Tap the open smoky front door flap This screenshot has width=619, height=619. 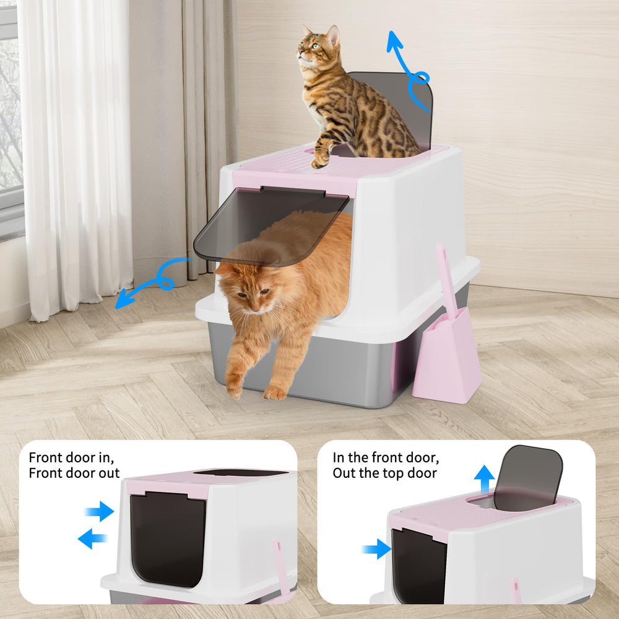[272, 226]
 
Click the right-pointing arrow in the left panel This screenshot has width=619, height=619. [100, 511]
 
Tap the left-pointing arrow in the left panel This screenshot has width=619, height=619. [93, 539]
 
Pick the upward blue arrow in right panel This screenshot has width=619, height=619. [485, 479]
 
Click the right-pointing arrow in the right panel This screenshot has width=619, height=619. [376, 548]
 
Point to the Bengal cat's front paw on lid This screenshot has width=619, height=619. [320, 159]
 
